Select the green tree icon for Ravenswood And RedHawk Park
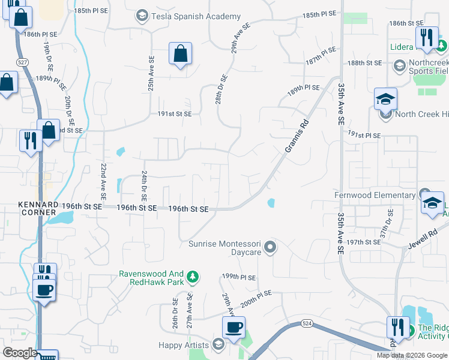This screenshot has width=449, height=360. click(192, 277)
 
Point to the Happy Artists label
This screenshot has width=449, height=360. click(184, 345)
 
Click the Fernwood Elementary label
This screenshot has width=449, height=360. click(375, 195)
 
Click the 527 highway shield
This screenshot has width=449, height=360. click(22, 62)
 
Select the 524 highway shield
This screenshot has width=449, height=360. click(308, 323)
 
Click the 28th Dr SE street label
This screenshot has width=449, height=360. click(222, 89)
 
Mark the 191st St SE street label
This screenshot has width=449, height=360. click(175, 114)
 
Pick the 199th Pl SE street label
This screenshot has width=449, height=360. click(239, 277)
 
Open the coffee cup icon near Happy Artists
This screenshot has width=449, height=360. click(233, 328)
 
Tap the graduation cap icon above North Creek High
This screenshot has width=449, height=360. click(385, 99)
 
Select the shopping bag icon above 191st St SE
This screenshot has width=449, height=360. click(180, 54)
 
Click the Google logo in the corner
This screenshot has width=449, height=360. click(19, 353)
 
